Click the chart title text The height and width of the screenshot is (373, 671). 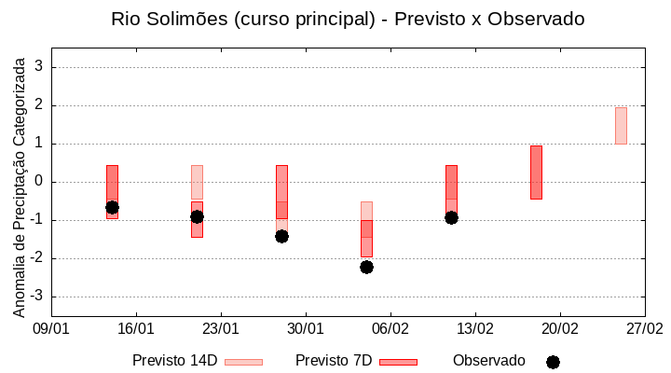348,19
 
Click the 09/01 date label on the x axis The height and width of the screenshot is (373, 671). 51,328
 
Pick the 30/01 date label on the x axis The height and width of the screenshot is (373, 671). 305,328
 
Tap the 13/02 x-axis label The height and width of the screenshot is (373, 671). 474,328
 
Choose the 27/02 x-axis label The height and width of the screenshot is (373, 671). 644,328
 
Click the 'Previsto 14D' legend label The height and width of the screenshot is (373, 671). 175,361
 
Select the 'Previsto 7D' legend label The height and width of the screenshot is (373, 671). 334,361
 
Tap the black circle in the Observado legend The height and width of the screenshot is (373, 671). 553,362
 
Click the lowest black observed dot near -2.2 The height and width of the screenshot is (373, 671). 366,267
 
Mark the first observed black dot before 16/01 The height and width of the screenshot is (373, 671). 112,207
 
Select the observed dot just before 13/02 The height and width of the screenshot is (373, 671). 451,217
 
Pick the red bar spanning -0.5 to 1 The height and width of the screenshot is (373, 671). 536,173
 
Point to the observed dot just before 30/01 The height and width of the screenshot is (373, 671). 281,236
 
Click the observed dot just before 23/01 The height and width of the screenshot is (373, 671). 197,216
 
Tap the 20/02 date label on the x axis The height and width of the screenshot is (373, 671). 559,328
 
